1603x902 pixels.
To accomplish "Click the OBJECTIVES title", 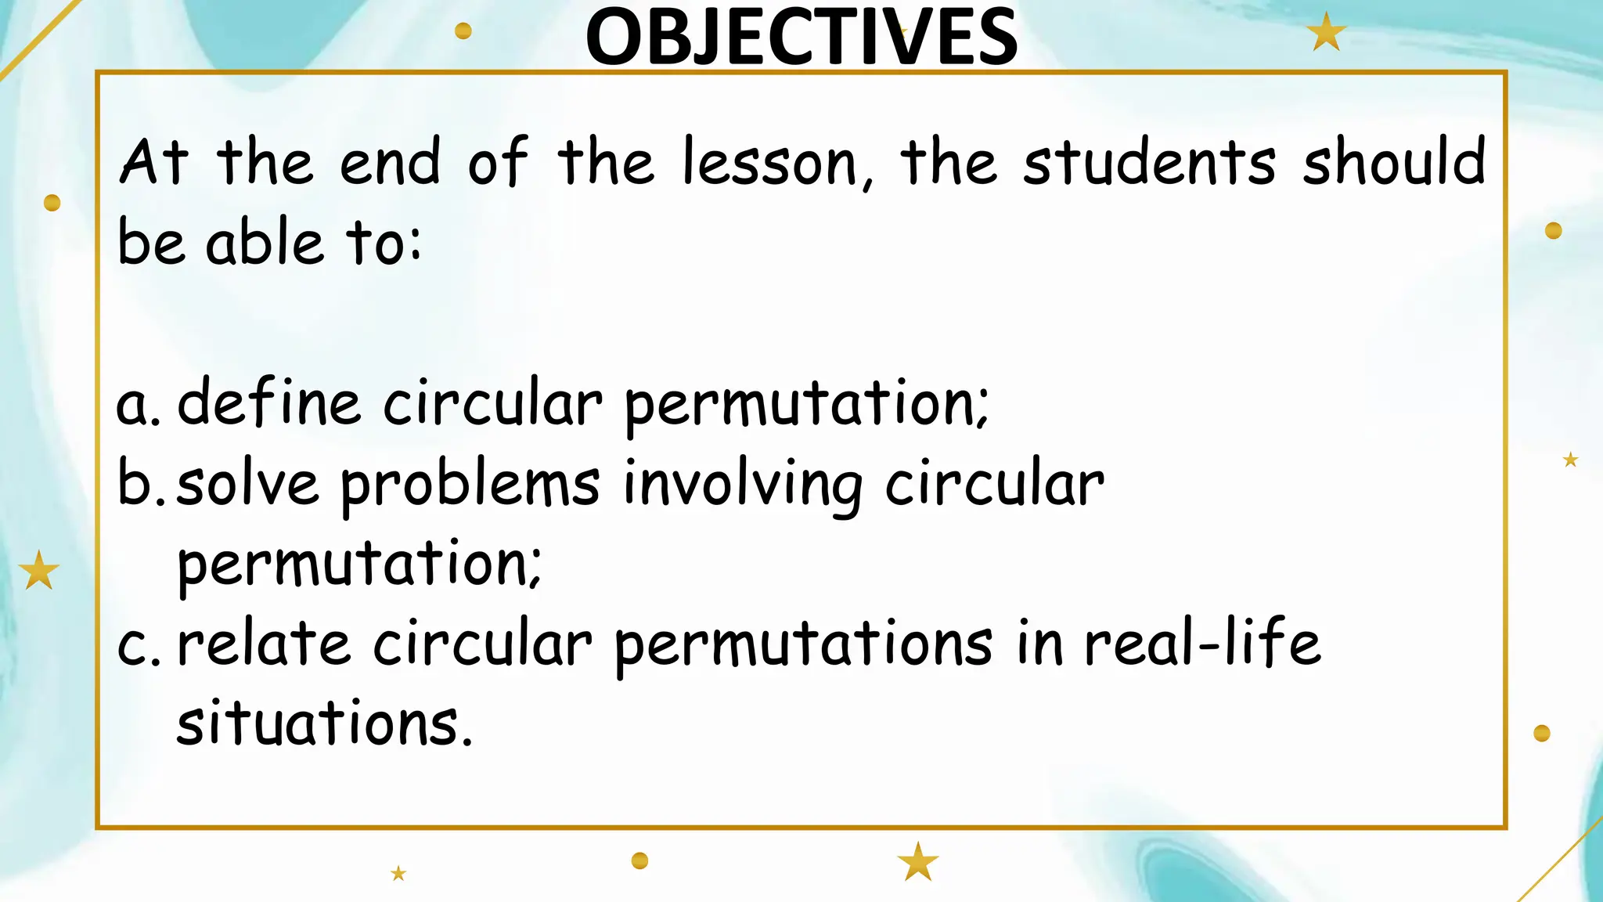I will tap(801, 37).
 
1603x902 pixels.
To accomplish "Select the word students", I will tap(1149, 162).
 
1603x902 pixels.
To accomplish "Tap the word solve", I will tap(247, 483).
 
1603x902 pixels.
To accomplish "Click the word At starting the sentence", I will tap(154, 162).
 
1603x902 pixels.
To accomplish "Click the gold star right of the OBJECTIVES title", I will tap(1326, 34).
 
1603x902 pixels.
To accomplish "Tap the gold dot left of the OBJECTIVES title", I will tap(463, 31).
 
